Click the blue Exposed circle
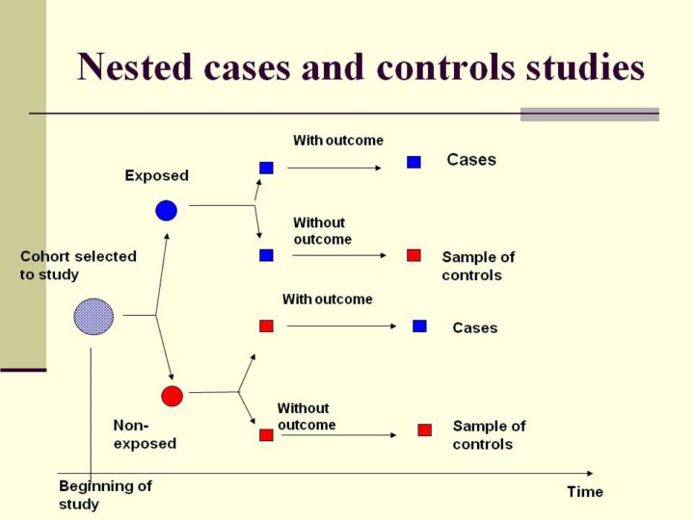167,210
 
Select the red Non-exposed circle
172,396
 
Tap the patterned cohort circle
93,317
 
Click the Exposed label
157,175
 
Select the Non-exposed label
145,434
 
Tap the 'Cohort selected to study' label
78,266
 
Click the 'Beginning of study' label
105,495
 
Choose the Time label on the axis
585,491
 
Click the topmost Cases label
471,160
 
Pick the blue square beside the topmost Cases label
414,162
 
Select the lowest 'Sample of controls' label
489,435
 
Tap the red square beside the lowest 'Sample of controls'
424,429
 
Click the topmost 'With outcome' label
338,141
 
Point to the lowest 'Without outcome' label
307,417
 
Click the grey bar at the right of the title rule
589,114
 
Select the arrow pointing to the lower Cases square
342,326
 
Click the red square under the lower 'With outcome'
266,325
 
